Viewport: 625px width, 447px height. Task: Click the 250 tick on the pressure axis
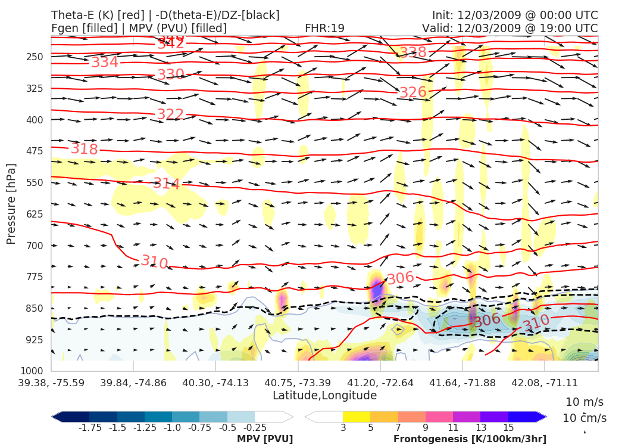coord(35,57)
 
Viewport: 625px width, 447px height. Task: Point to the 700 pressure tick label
coord(35,246)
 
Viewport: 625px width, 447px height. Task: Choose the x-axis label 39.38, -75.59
coord(51,382)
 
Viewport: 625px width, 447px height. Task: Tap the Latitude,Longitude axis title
coord(324,396)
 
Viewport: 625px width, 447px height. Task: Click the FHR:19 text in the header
coord(324,28)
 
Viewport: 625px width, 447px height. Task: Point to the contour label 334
coord(105,63)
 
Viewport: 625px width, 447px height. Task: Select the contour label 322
coord(170,114)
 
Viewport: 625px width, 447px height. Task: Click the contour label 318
coord(85,149)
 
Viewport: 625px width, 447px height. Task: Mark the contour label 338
coord(413,52)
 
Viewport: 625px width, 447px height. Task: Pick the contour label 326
coord(413,92)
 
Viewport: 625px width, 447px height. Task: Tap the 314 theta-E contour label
coord(167,184)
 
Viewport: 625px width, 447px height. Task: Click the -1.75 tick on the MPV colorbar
coord(89,427)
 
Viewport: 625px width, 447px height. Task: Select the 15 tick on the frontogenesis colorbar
coord(508,427)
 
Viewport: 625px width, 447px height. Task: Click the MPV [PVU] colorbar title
coord(265,439)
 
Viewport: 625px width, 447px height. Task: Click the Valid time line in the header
coord(510,28)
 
